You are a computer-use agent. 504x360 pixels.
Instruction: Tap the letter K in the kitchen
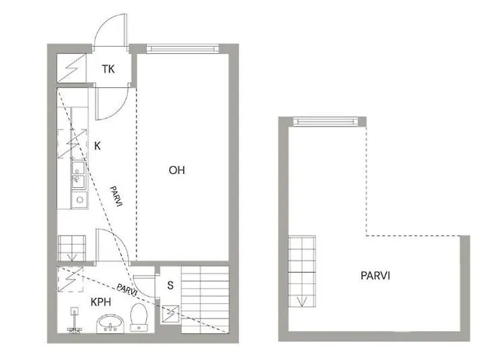[x=97, y=145]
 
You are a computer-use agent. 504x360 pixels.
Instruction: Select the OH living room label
[x=176, y=171]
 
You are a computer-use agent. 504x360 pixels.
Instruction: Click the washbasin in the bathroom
[x=109, y=324]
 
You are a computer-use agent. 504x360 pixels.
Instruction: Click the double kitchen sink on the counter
[x=77, y=174]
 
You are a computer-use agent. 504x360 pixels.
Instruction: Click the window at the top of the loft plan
[x=327, y=121]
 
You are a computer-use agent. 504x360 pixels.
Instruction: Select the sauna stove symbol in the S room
[x=171, y=313]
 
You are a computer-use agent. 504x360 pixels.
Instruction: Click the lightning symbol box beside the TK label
[x=72, y=70]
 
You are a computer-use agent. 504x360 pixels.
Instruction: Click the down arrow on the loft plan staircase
[x=301, y=300]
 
